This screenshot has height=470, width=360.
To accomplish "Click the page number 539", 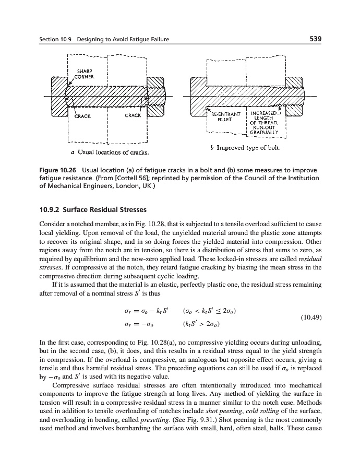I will coord(314,39).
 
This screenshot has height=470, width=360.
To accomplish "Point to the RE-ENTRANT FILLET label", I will coord(226,116).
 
